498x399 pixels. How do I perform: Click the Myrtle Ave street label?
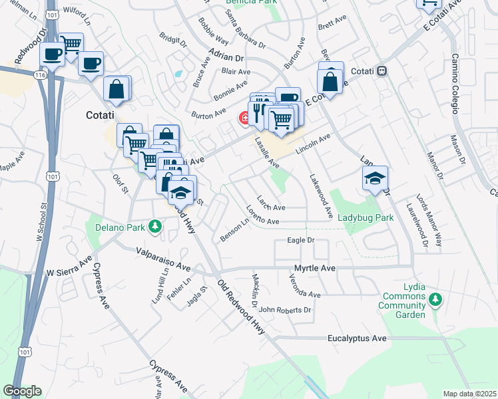[x=315, y=268]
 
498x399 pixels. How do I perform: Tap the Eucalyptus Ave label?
[x=357, y=338]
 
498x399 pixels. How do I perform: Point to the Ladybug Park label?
[x=366, y=217]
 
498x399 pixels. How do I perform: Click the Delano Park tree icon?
[x=156, y=227]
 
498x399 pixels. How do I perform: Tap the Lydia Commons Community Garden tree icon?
[x=435, y=300]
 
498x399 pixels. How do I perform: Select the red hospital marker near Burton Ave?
[x=244, y=118]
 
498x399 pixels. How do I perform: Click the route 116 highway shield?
[x=41, y=76]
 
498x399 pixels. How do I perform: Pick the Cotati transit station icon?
[x=381, y=70]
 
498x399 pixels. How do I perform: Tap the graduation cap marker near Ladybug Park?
[x=375, y=178]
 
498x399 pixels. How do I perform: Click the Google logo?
[x=22, y=391]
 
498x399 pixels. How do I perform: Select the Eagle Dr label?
[x=300, y=240]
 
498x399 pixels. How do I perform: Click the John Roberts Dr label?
[x=286, y=310]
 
